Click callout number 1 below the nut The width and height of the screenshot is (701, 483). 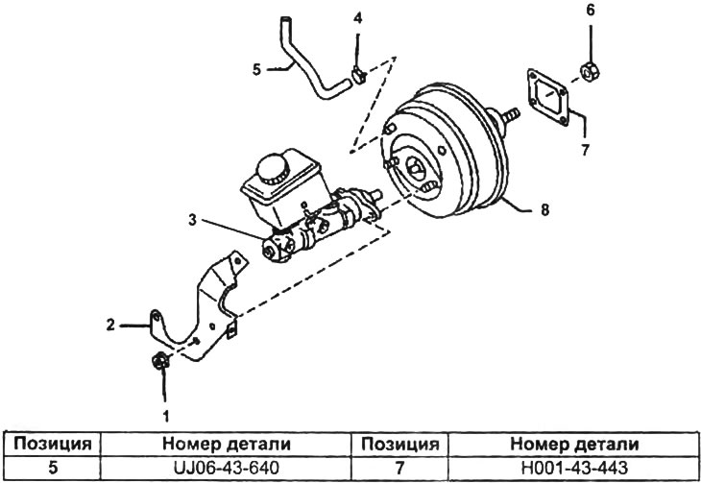click(164, 417)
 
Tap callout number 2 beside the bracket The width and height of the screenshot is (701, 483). click(111, 326)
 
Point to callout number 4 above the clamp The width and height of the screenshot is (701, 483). click(357, 18)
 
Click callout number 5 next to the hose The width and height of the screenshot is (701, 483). click(256, 67)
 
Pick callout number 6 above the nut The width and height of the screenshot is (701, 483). click(591, 11)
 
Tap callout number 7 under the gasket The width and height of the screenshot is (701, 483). click(583, 150)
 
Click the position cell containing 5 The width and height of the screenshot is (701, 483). click(49, 468)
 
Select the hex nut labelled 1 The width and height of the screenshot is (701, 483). click(160, 361)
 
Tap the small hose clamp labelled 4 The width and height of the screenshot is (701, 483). click(358, 76)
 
